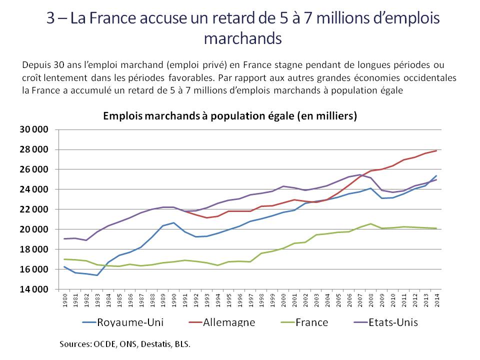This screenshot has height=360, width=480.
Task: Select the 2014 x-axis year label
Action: point(436,299)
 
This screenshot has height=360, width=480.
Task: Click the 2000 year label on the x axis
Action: point(283,299)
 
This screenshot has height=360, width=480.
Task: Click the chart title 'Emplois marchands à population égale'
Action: point(229,115)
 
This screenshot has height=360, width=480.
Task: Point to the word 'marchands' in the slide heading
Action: point(243,38)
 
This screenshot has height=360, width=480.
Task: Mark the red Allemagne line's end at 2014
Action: point(436,150)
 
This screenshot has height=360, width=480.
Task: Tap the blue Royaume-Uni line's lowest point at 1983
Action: point(97,275)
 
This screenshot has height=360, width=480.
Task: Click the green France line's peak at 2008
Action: point(370,223)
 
